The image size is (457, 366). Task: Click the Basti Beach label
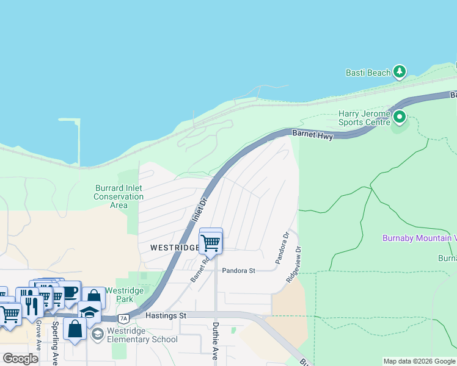click(x=368, y=73)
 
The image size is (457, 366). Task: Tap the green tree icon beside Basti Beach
click(x=400, y=72)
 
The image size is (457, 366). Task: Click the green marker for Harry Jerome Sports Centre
click(x=400, y=116)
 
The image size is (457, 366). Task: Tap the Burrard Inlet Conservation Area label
click(x=119, y=196)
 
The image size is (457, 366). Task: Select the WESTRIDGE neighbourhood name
click(x=174, y=248)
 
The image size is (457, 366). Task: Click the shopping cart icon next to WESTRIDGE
click(x=211, y=242)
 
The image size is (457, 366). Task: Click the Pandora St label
click(x=238, y=270)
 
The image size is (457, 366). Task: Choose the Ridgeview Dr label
click(x=293, y=264)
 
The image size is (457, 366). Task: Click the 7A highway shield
click(x=124, y=318)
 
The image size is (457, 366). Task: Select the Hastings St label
click(x=166, y=315)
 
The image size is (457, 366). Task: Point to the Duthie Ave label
click(x=215, y=341)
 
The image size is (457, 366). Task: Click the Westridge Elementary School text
click(x=142, y=335)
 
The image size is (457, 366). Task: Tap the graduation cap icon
click(x=89, y=312)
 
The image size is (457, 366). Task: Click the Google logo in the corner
click(x=20, y=358)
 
